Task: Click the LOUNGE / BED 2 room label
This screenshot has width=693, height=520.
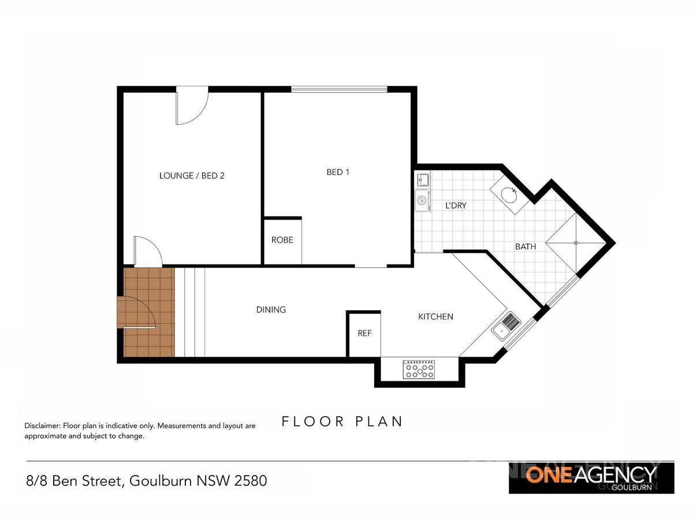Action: pyautogui.click(x=192, y=176)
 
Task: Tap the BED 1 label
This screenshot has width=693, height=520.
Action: pyautogui.click(x=338, y=172)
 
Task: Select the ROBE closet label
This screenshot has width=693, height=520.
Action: pyautogui.click(x=282, y=240)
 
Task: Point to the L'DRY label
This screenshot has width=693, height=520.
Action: pyautogui.click(x=456, y=205)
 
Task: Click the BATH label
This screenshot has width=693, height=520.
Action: pyautogui.click(x=526, y=246)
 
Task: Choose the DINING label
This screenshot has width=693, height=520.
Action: pyautogui.click(x=271, y=310)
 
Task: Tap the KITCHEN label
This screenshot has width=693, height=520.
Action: pyautogui.click(x=435, y=317)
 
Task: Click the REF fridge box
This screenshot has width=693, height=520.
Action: pyautogui.click(x=364, y=333)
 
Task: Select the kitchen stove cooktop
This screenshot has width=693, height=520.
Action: pyautogui.click(x=419, y=370)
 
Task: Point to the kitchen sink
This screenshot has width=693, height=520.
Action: pyautogui.click(x=506, y=325)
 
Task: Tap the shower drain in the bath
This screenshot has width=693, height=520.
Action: pyautogui.click(x=576, y=243)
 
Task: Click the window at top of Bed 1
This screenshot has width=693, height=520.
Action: pyautogui.click(x=339, y=90)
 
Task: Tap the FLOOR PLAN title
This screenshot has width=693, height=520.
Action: pyautogui.click(x=342, y=421)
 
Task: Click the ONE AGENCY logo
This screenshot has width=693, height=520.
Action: pyautogui.click(x=591, y=478)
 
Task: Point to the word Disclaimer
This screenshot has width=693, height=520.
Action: pyautogui.click(x=42, y=426)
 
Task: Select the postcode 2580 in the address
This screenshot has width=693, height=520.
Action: pyautogui.click(x=251, y=480)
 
